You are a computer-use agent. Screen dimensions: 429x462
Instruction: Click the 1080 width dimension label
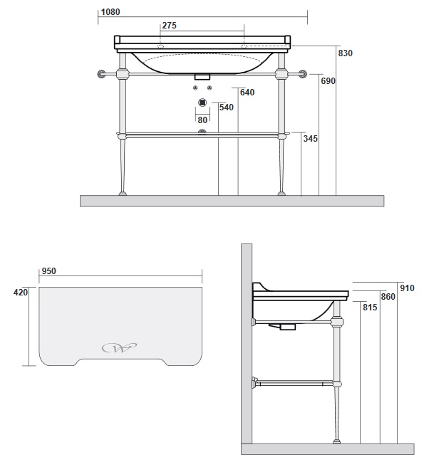110,12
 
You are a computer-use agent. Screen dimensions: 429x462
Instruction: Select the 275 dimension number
169,26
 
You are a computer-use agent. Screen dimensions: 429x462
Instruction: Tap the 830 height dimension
345,53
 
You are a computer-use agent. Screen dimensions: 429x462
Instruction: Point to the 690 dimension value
328,81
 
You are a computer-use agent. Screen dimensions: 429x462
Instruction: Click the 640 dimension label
247,93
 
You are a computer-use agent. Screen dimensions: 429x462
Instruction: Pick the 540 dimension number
227,107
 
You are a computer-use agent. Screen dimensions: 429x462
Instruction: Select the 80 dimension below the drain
202,120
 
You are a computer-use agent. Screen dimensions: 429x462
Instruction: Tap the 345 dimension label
311,139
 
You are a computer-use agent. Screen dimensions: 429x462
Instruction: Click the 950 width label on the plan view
48,271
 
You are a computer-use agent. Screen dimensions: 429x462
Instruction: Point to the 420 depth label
21,293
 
